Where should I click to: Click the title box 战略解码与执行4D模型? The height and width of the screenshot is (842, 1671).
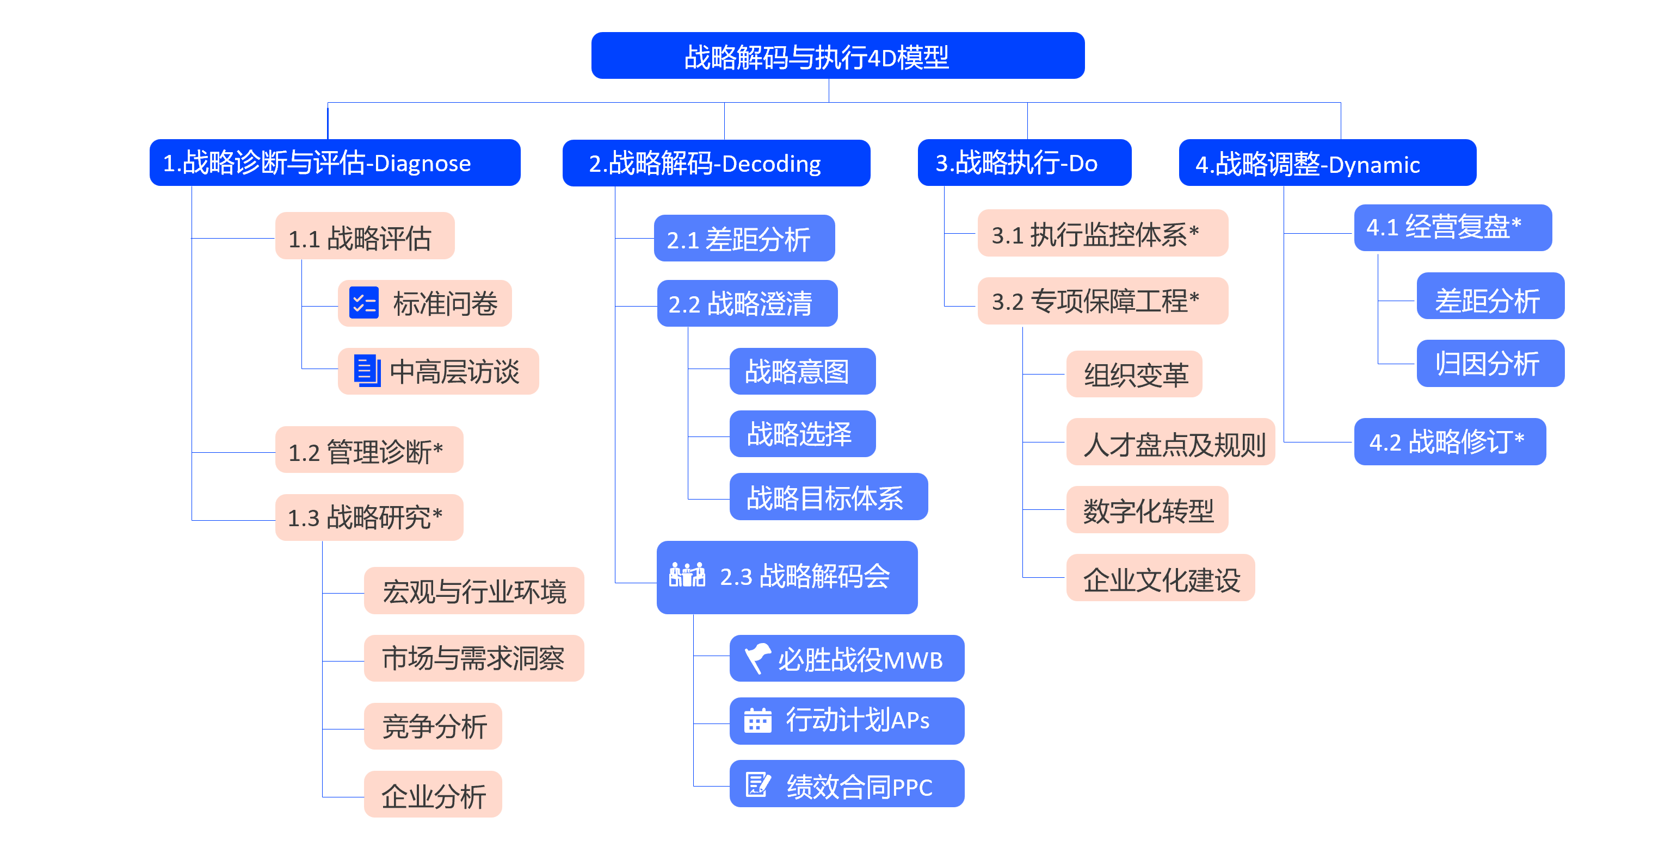tap(837, 56)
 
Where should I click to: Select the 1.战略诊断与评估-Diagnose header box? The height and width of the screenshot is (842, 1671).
tap(335, 163)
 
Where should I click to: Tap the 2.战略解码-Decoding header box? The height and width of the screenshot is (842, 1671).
tap(716, 163)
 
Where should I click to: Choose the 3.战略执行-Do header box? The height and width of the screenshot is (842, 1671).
tap(1024, 163)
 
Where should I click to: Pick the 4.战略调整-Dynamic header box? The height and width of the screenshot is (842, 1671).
tap(1327, 163)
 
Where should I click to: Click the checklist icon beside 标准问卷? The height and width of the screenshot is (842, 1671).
tap(364, 303)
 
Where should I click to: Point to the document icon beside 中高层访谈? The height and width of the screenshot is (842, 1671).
tap(367, 371)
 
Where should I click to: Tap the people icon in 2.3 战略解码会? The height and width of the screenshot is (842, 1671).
tap(687, 575)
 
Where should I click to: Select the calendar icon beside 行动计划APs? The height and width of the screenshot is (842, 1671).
tap(757, 720)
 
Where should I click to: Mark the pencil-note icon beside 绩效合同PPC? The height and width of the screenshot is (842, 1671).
tap(757, 784)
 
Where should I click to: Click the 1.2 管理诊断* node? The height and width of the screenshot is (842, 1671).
tap(369, 450)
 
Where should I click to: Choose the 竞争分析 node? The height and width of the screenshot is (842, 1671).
tap(433, 726)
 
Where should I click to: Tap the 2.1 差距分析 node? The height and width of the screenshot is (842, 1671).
tap(744, 239)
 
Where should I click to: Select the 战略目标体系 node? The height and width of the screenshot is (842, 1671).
tap(828, 497)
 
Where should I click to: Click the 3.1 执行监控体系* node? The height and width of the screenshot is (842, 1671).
tap(1103, 233)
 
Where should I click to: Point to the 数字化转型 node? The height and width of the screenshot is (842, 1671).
tap(1147, 510)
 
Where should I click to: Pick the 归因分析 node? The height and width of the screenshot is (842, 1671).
tap(1490, 364)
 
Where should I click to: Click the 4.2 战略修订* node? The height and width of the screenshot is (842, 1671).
tap(1450, 442)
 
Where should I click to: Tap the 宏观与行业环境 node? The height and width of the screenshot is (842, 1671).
tap(473, 590)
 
